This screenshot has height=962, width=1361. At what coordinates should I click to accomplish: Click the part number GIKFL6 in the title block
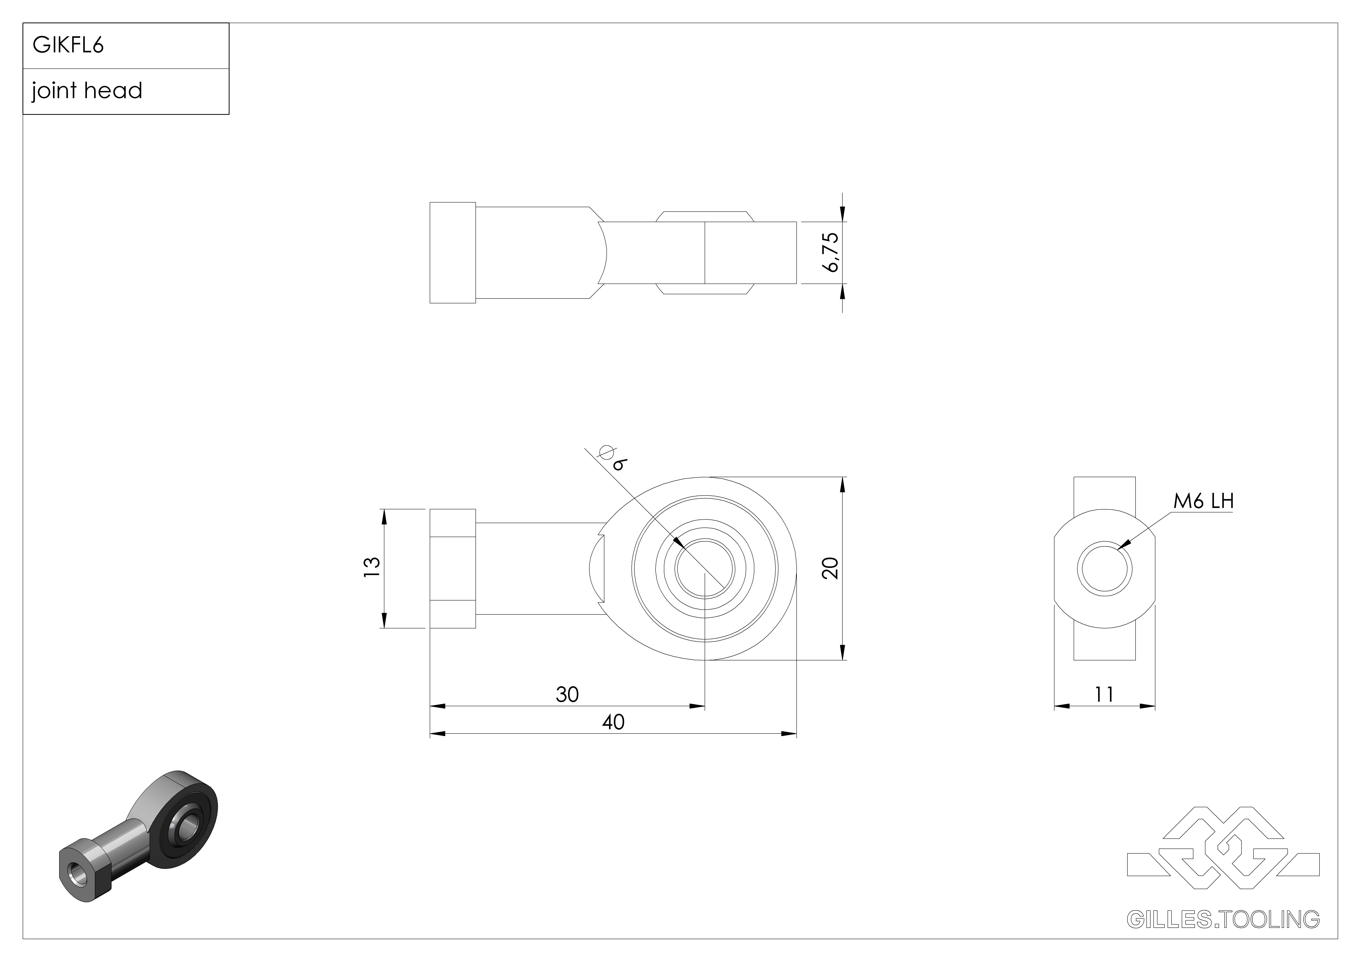tap(68, 45)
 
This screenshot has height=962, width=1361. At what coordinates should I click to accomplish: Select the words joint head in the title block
tap(87, 91)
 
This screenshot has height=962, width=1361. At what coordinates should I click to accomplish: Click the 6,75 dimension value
tap(831, 252)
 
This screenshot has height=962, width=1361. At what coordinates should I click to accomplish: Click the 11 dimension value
tap(1104, 694)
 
